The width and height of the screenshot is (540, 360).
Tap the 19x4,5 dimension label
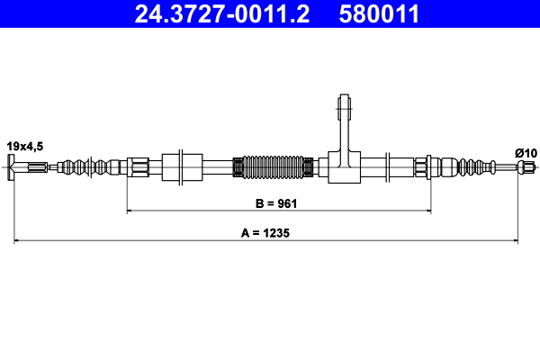tap(25, 145)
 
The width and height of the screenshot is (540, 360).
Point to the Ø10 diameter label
tap(526, 152)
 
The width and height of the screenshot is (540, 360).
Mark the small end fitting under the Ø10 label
tap(530, 166)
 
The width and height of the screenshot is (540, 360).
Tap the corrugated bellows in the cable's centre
tap(274, 166)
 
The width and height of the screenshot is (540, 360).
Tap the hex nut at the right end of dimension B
tap(421, 166)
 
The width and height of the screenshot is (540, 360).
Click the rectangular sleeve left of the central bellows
tap(184, 166)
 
